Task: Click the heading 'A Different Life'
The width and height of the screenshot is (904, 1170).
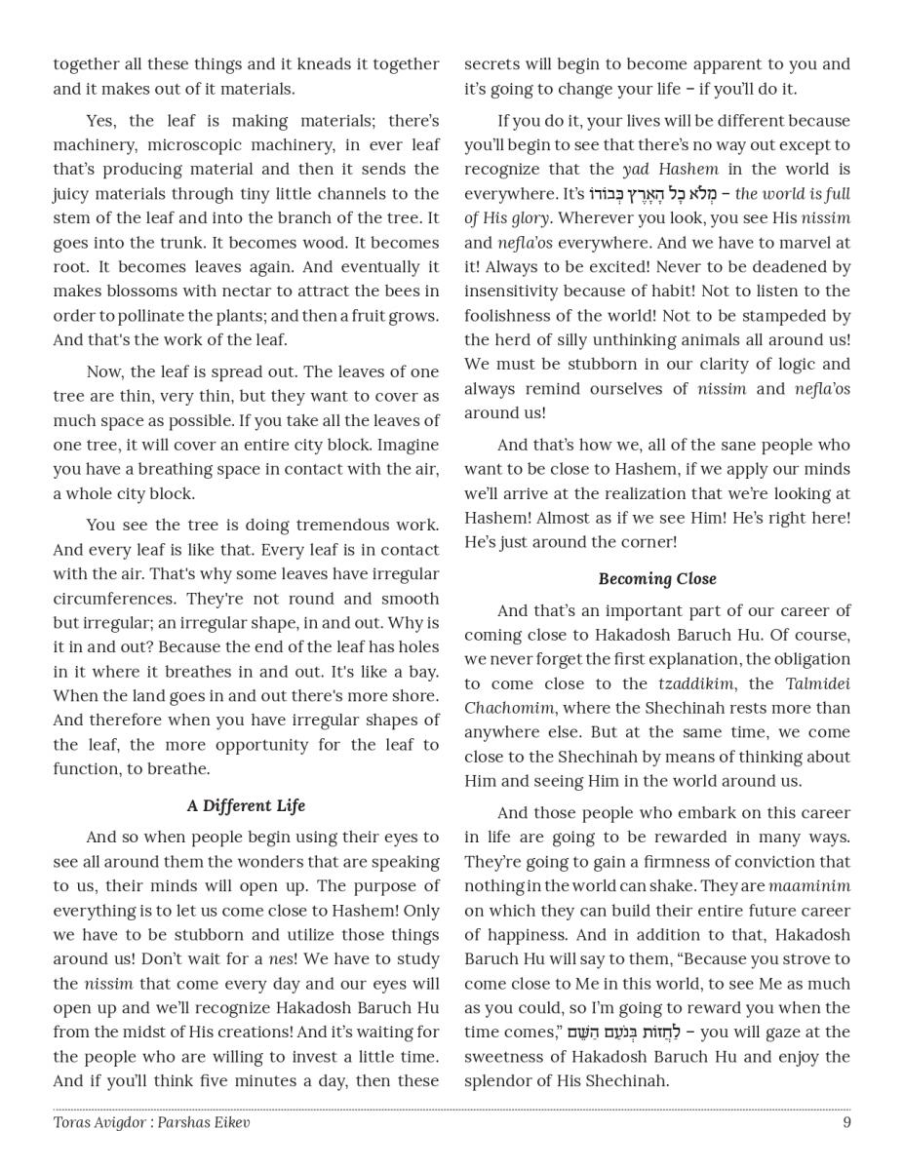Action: (x=246, y=805)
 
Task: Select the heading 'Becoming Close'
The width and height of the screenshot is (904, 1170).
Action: (x=657, y=578)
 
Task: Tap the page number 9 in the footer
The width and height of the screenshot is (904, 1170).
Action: (x=846, y=1122)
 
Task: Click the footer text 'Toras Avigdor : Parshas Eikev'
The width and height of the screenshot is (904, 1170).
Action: (x=151, y=1122)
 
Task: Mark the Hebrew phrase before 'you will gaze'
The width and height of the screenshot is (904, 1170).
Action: (x=620, y=1032)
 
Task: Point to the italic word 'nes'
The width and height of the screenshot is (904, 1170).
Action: (x=281, y=958)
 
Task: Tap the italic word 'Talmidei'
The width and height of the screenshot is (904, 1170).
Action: (x=817, y=683)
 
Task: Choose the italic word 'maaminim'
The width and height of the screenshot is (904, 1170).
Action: (x=809, y=885)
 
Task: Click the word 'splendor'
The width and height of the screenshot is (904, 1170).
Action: (x=497, y=1080)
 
